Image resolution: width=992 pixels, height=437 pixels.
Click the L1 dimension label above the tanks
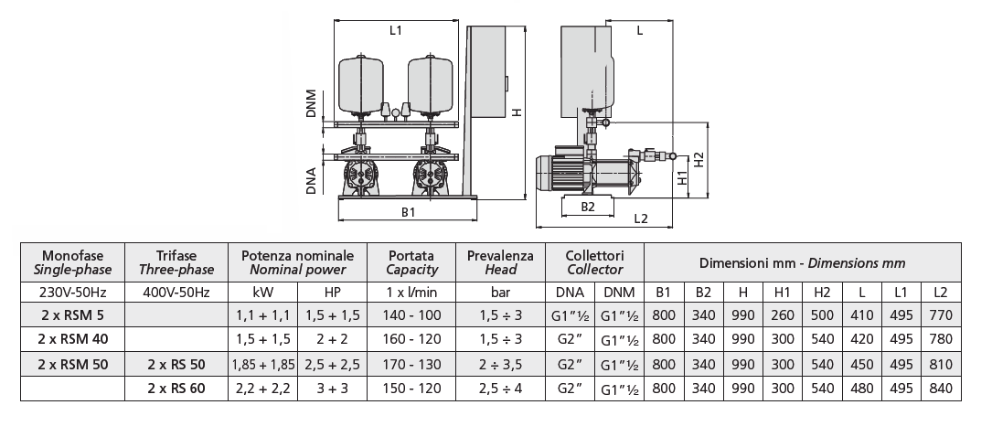[395, 30]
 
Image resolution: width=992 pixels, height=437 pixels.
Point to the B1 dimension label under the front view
[409, 212]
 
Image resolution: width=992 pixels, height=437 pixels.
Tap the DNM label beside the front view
[312, 103]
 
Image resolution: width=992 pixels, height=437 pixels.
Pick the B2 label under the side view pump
[588, 207]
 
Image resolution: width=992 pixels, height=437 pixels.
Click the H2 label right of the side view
[699, 159]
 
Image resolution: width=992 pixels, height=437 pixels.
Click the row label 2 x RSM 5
[71, 315]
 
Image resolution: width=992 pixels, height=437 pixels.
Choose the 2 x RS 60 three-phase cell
[176, 388]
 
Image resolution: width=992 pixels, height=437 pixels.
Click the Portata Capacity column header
[411, 262]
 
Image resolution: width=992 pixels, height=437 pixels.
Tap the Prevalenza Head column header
[500, 262]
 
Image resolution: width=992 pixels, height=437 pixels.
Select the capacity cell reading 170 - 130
[411, 364]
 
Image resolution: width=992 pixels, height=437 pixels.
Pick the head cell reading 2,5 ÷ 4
[500, 388]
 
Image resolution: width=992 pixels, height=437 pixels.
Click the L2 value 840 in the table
[940, 388]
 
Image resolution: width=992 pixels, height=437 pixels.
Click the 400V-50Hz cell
[176, 293]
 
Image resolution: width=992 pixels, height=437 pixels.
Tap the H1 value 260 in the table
[782, 315]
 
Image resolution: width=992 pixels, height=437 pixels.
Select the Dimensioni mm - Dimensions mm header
[802, 262]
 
